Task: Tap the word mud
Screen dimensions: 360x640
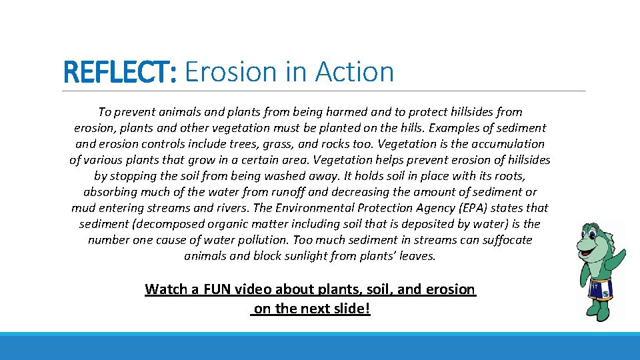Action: coord(83,208)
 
